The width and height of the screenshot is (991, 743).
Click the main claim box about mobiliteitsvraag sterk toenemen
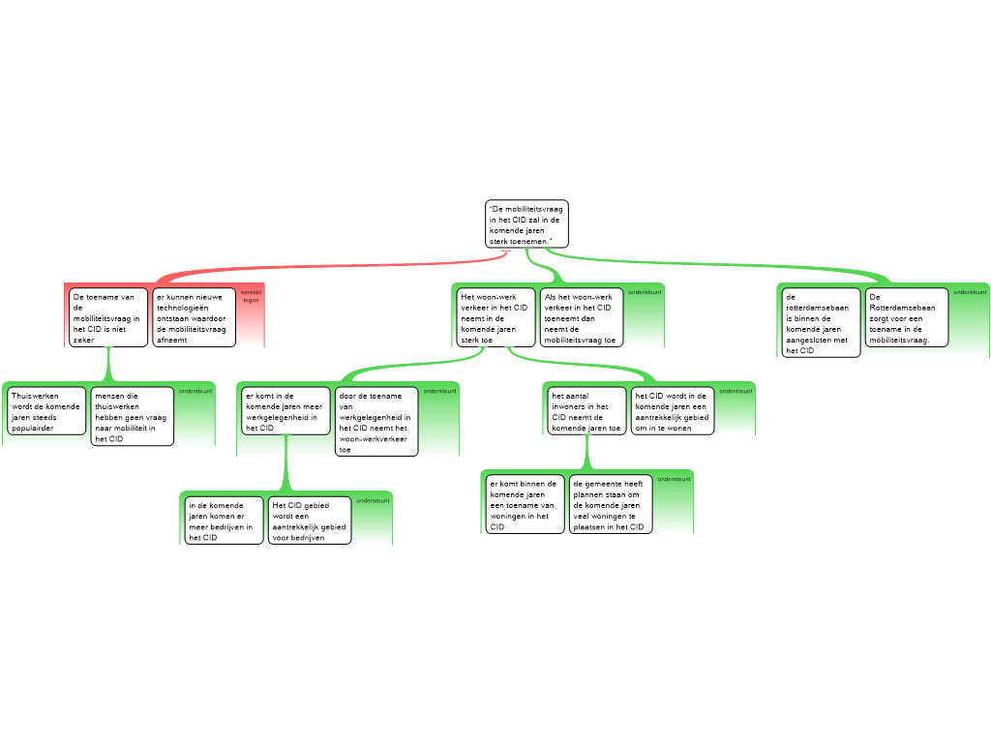point(526,224)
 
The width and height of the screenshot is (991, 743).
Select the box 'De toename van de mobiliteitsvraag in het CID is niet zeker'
point(108,317)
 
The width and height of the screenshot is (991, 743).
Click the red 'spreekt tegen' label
point(251,295)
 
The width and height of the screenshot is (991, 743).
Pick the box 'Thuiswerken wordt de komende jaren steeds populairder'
point(47,411)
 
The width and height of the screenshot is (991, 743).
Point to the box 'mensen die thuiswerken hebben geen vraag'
point(133,416)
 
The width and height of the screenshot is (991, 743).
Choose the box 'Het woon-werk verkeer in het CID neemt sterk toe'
point(495,317)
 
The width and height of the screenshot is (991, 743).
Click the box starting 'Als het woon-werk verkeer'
point(581,317)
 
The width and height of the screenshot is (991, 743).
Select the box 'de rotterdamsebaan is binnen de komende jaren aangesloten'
point(821,323)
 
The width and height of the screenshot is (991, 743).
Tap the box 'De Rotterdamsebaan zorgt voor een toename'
point(906,317)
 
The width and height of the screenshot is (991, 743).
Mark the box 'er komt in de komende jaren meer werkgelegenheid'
point(285,411)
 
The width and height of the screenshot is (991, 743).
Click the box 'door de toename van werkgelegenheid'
point(376,421)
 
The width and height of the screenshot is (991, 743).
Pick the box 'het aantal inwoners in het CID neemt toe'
point(587,411)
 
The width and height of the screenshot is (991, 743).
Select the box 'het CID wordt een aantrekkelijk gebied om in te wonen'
point(673,411)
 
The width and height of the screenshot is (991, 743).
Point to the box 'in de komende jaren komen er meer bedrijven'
point(224,520)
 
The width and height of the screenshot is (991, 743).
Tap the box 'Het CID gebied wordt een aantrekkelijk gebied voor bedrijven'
point(310,520)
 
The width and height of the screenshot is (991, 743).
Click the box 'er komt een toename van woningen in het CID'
point(524,503)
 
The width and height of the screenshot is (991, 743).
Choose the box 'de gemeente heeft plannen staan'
point(610,503)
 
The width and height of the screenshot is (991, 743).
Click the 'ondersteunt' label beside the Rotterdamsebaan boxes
point(970,292)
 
